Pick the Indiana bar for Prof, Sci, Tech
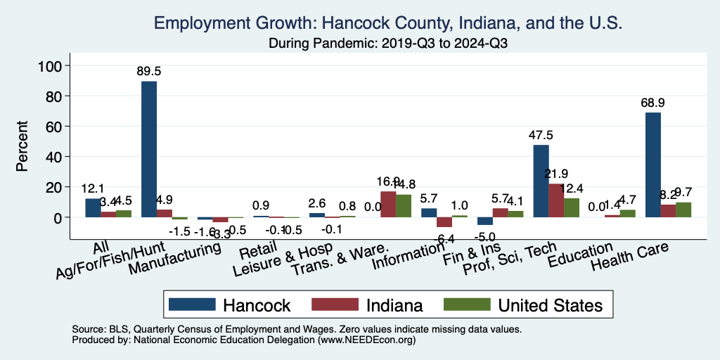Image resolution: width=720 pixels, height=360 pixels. point(556,200)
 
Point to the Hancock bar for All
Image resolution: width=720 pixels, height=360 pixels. point(93,208)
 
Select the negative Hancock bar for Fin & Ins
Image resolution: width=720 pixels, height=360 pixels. point(484,221)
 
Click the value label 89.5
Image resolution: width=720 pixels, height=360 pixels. point(149,71)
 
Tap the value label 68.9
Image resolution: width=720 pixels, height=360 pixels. point(652,103)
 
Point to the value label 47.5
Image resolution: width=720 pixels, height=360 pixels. point(541,135)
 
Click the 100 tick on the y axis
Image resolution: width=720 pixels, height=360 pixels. point(54,65)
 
